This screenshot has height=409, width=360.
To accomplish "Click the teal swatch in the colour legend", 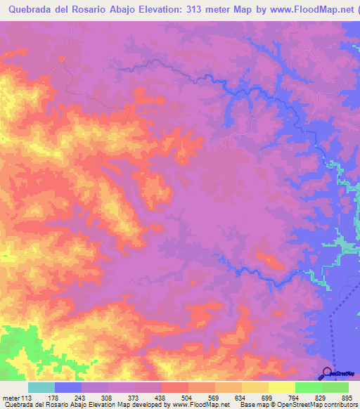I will coord(41,388).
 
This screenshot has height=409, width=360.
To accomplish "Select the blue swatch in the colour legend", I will coord(68,388).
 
